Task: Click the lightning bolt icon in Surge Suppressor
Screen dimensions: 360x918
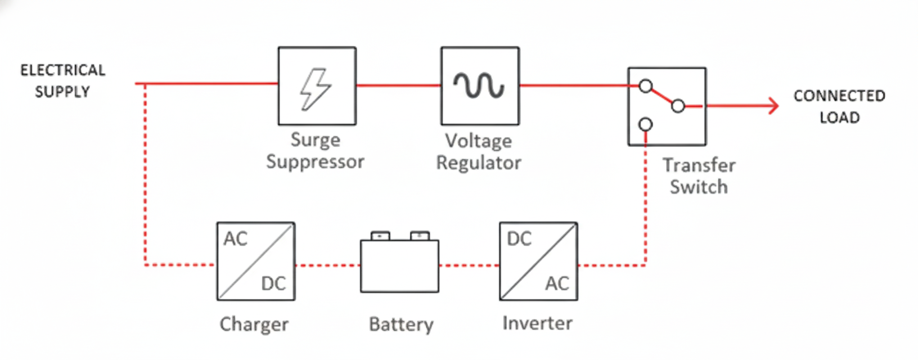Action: pyautogui.click(x=316, y=88)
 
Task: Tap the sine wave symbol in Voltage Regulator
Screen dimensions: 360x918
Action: pyautogui.click(x=479, y=85)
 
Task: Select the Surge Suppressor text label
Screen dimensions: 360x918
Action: pyautogui.click(x=315, y=151)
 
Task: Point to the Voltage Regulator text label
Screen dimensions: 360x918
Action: pyautogui.click(x=479, y=152)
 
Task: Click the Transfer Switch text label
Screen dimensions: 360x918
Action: pyautogui.click(x=699, y=176)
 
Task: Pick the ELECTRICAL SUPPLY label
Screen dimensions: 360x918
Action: pyautogui.click(x=62, y=81)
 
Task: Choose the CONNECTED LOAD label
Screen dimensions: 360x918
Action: pyautogui.click(x=839, y=106)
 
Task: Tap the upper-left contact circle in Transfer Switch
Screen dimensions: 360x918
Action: pyautogui.click(x=646, y=86)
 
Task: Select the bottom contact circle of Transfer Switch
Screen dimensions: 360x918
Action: pyautogui.click(x=646, y=124)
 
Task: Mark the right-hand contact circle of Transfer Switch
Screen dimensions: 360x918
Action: pyautogui.click(x=678, y=106)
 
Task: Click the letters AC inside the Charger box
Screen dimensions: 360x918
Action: pyautogui.click(x=235, y=239)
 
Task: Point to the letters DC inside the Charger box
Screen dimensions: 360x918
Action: pyautogui.click(x=273, y=283)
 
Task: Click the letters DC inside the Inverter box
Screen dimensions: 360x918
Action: pyautogui.click(x=519, y=239)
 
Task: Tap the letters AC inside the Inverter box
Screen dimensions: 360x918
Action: pyautogui.click(x=557, y=283)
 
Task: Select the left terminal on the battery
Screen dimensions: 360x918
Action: pyautogui.click(x=380, y=235)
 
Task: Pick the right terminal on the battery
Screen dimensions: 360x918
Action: pyautogui.click(x=420, y=235)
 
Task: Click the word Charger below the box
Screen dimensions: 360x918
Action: pyautogui.click(x=254, y=325)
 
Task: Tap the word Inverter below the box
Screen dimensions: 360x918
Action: pyautogui.click(x=537, y=323)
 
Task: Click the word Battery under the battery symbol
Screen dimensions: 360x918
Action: pyautogui.click(x=401, y=325)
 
